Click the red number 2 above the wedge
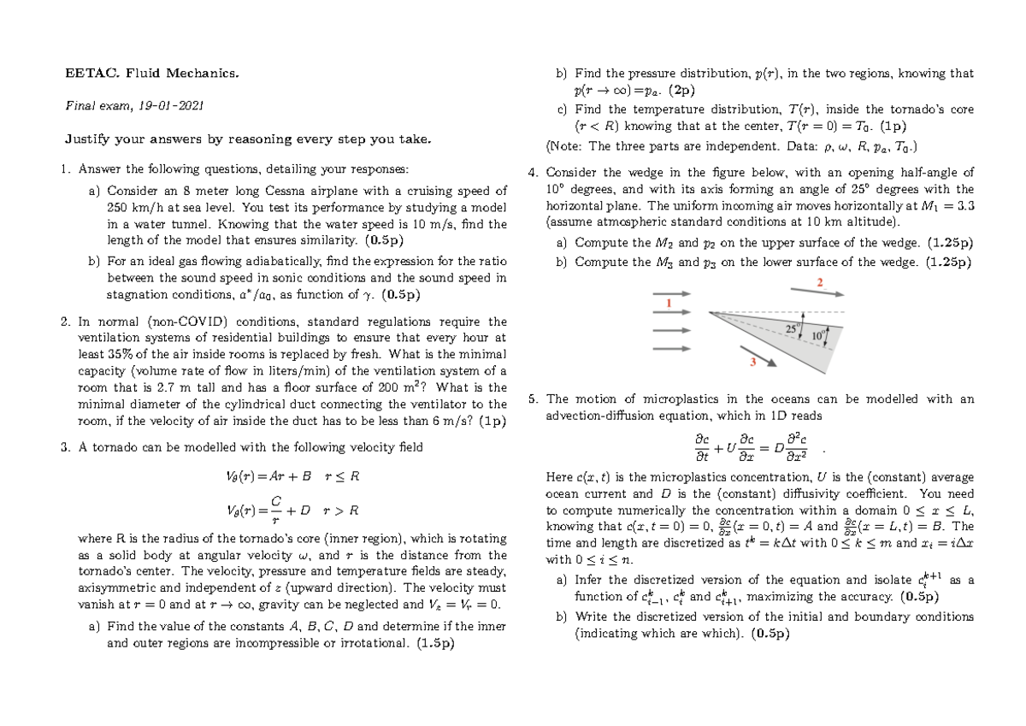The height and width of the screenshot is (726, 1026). click(x=821, y=283)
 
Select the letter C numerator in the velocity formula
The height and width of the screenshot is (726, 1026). click(x=276, y=500)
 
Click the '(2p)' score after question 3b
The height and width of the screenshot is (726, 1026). click(x=683, y=90)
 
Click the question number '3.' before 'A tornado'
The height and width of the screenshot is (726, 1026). click(x=66, y=446)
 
